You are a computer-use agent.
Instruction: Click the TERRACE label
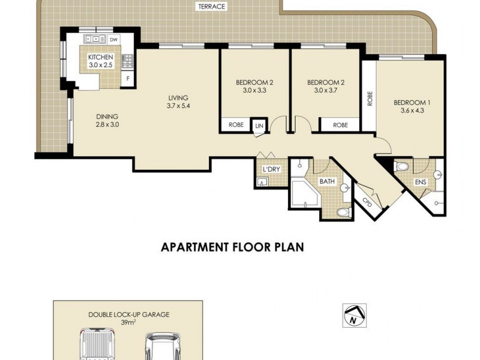212,7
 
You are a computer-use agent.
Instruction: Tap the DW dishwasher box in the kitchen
113,40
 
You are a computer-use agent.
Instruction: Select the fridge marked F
128,79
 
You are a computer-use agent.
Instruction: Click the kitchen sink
95,39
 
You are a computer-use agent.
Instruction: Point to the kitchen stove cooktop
128,61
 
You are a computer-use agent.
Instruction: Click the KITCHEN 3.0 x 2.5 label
101,61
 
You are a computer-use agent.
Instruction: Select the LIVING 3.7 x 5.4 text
178,102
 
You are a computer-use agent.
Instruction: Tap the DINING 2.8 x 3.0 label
107,121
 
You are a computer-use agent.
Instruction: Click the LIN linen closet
259,126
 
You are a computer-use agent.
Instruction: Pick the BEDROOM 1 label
410,103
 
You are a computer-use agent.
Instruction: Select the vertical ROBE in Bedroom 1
370,98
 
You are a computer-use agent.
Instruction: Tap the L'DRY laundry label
272,169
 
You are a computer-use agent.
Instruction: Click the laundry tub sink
262,182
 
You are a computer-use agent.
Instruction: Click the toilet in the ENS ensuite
402,167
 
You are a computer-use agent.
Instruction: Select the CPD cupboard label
367,202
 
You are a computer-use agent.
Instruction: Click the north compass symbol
354,316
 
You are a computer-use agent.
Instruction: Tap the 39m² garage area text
128,322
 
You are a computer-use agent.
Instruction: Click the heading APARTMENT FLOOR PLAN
232,247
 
